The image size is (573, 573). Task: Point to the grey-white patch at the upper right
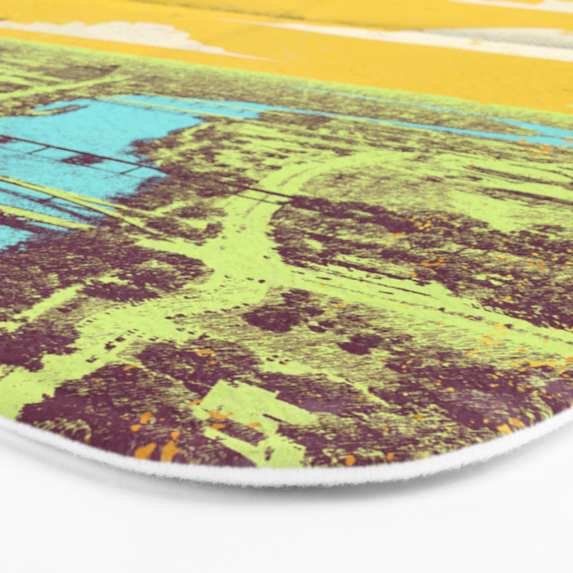point(508,37)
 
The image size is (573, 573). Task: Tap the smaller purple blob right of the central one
point(360,344)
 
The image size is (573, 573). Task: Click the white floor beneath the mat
point(286,532)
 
